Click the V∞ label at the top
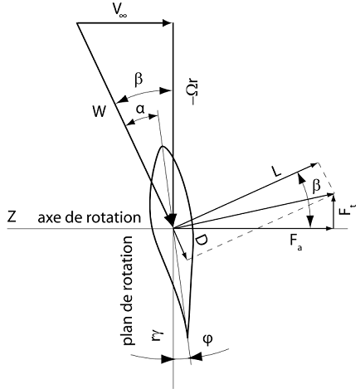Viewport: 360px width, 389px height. tap(119, 10)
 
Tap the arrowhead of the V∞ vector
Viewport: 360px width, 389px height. tap(168, 22)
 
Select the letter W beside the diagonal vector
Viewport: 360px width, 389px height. tap(100, 112)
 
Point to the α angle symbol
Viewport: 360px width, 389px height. tap(140, 109)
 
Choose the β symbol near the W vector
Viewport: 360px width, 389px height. tap(139, 80)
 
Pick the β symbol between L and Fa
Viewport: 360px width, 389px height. tap(316, 186)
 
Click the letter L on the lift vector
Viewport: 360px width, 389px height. tap(275, 173)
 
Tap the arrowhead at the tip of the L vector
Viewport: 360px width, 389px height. tap(314, 165)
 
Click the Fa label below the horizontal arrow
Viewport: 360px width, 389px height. tap(295, 242)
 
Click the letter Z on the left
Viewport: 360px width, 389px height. tap(12, 216)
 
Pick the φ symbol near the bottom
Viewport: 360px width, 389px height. tap(208, 338)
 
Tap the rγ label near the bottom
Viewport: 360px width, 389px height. tap(158, 334)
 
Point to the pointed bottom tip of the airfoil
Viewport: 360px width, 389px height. tap(187, 336)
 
